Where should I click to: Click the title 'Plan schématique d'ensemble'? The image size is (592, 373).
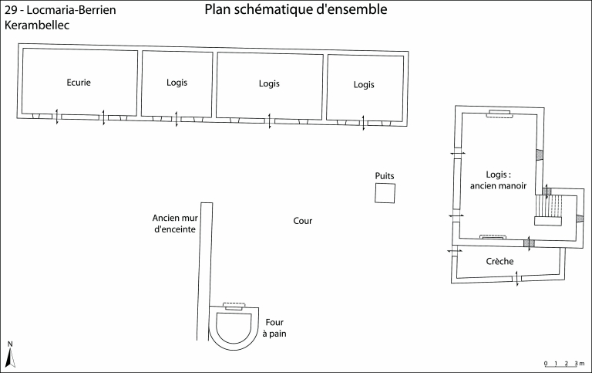click(296, 10)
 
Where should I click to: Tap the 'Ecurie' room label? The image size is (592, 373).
click(79, 83)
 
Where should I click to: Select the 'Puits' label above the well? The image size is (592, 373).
click(385, 176)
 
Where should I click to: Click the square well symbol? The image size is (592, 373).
click(385, 194)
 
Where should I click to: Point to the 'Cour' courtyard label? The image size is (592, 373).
click(302, 221)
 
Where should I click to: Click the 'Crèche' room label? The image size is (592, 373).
click(500, 261)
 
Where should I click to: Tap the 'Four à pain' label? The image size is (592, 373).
click(274, 327)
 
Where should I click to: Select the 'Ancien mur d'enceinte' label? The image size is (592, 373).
click(174, 223)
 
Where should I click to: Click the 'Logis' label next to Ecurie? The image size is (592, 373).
click(177, 82)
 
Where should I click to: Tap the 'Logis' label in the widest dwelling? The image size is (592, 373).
click(269, 83)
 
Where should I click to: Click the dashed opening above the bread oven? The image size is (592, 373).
click(234, 305)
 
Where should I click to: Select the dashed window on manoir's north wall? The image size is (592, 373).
click(499, 114)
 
